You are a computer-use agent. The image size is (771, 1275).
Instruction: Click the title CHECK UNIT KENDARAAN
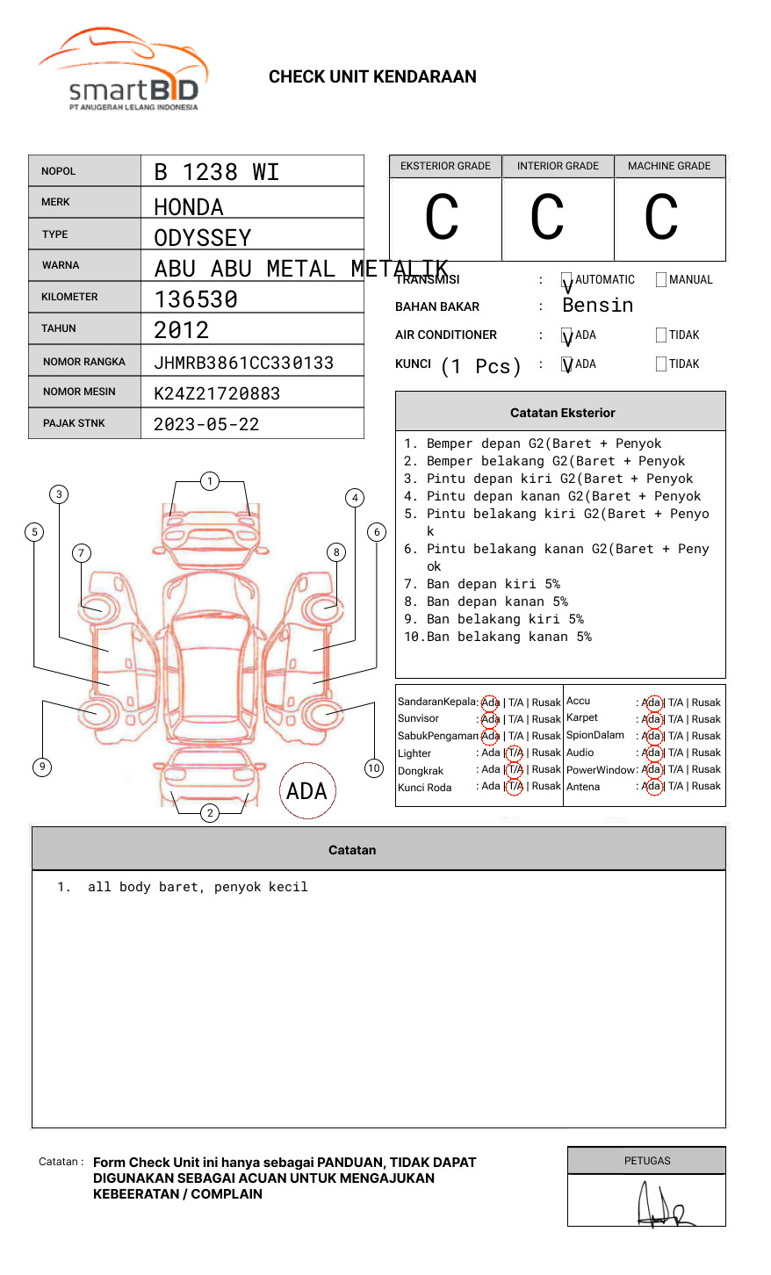pyautogui.click(x=372, y=77)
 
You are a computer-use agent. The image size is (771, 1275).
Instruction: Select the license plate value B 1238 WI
pyautogui.click(x=216, y=172)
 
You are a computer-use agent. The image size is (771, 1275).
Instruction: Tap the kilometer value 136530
pyautogui.click(x=196, y=299)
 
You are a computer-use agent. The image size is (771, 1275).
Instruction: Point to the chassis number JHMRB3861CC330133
pyautogui.click(x=243, y=363)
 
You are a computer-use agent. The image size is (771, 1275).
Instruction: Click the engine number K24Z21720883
pyautogui.click(x=217, y=393)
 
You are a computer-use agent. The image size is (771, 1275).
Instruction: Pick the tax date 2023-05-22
pyautogui.click(x=206, y=424)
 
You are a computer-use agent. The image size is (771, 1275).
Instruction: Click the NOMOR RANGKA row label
pyautogui.click(x=84, y=362)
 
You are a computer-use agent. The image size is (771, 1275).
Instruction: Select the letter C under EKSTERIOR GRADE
pyautogui.click(x=442, y=218)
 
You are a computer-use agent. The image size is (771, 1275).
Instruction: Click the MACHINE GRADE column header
pyautogui.click(x=669, y=166)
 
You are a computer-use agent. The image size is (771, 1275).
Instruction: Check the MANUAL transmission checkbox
pyautogui.click(x=661, y=280)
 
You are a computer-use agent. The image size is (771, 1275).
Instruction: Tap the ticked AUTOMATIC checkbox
pyautogui.click(x=567, y=281)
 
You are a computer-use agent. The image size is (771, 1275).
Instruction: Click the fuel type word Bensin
pyautogui.click(x=597, y=306)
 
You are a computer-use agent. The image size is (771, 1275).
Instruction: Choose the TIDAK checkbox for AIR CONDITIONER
pyautogui.click(x=661, y=335)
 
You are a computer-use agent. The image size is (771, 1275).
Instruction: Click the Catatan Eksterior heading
pyautogui.click(x=562, y=413)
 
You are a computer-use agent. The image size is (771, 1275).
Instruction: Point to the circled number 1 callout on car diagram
pyautogui.click(x=209, y=481)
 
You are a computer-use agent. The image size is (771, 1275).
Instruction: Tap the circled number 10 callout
pyautogui.click(x=374, y=768)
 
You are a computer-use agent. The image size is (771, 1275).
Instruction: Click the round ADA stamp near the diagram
pyautogui.click(x=307, y=791)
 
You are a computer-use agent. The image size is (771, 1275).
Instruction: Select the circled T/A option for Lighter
pyautogui.click(x=515, y=753)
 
